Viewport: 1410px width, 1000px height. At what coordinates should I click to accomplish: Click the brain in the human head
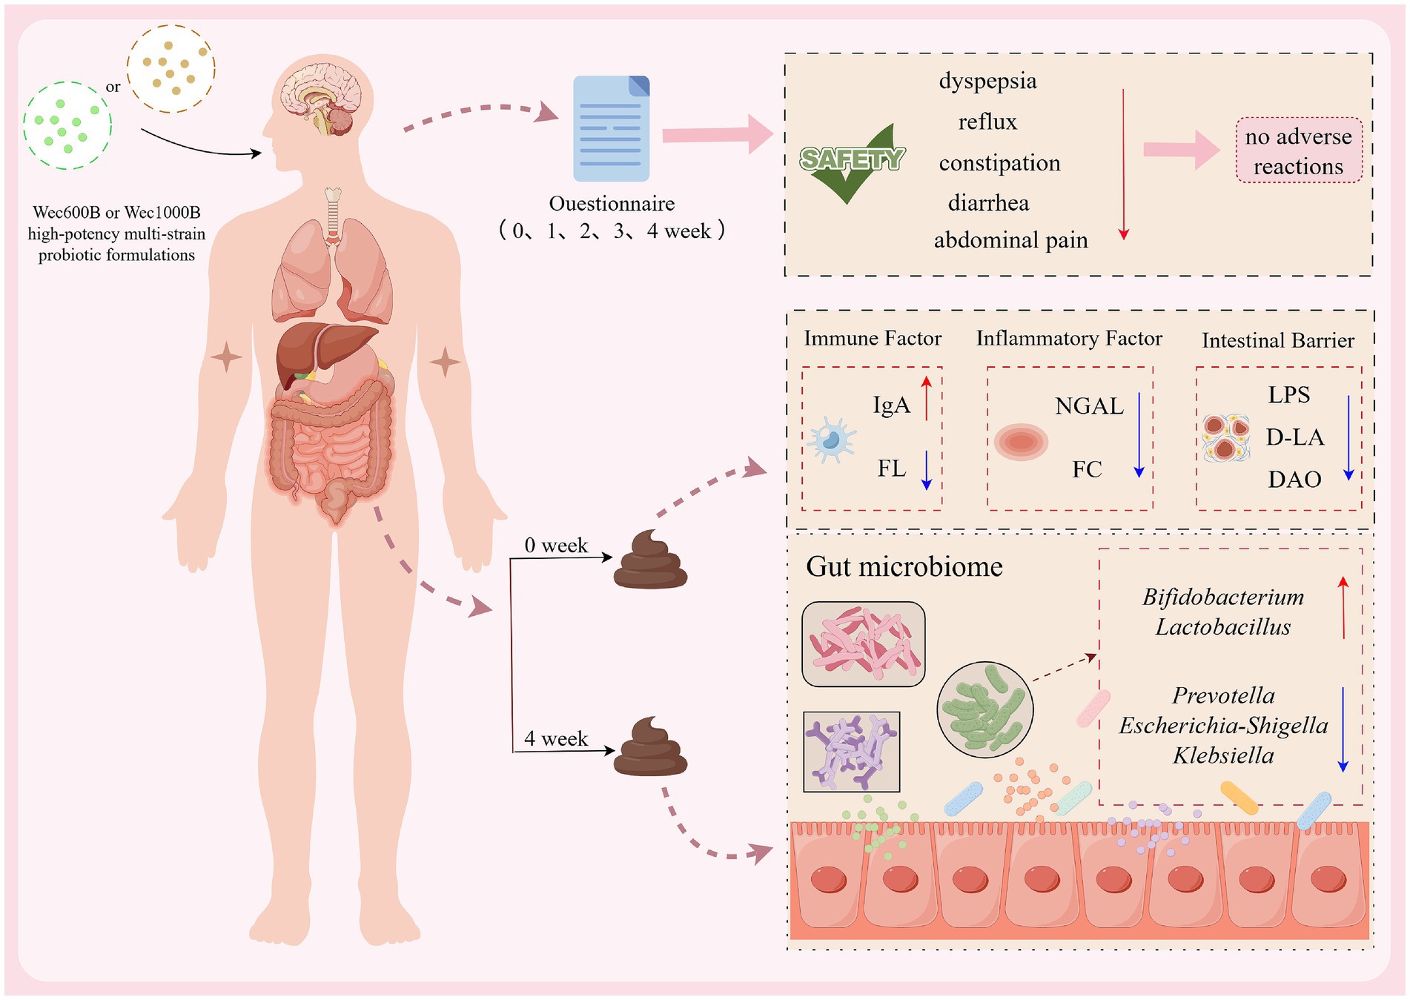point(325,96)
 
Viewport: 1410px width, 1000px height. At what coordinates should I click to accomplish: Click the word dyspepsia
point(987,81)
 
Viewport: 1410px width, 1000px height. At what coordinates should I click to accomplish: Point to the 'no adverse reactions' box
point(1298,150)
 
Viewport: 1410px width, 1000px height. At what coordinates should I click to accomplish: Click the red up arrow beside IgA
point(926,399)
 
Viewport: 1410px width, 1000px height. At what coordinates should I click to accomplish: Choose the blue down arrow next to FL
point(926,470)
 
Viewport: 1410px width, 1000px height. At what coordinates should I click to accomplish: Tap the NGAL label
point(1088,406)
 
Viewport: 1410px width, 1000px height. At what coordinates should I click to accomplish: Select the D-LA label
point(1294,437)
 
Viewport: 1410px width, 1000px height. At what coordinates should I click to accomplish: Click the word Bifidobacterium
point(1222,597)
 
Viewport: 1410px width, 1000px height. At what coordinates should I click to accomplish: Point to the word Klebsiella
point(1223,755)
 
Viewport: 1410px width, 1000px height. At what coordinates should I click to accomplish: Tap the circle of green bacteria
point(984,709)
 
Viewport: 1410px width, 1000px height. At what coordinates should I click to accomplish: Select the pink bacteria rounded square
point(863,643)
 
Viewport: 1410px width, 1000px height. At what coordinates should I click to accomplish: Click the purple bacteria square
point(851,752)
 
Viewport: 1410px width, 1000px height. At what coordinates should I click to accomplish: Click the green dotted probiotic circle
point(67,125)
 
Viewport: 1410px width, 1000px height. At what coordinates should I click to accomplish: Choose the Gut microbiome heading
point(904,567)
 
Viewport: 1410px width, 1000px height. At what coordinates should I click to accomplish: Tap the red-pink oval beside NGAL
point(1021,442)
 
